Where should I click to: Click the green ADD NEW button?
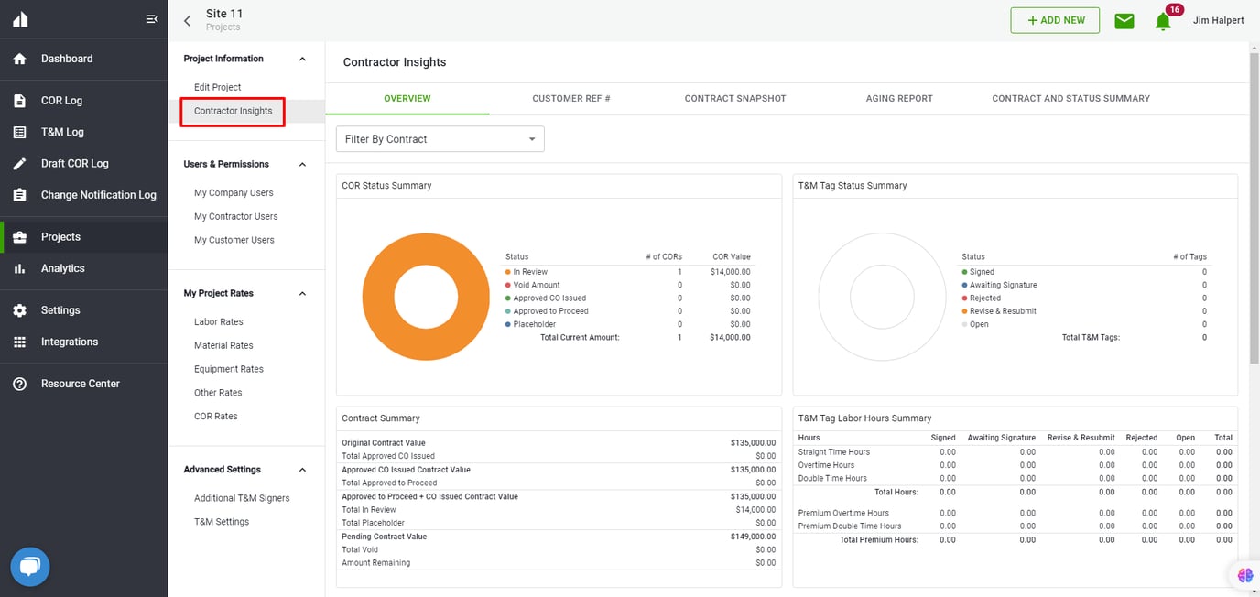click(x=1055, y=20)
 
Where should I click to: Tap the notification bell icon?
click(x=1163, y=21)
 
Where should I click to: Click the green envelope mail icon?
click(x=1124, y=20)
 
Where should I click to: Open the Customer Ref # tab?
click(x=570, y=98)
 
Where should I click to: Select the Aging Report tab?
click(x=898, y=98)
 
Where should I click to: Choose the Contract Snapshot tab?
click(x=734, y=98)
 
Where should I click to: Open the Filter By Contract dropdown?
click(x=440, y=139)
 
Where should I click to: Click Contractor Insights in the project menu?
click(x=233, y=111)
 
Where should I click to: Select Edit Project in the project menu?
click(x=217, y=87)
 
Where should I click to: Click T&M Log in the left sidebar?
click(x=62, y=132)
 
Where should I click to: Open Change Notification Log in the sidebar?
click(x=98, y=195)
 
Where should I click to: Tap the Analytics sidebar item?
click(x=62, y=268)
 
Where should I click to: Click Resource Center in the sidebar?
click(x=80, y=384)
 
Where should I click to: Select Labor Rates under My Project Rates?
click(x=218, y=322)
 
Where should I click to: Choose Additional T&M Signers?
click(x=242, y=498)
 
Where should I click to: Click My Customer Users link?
click(x=234, y=240)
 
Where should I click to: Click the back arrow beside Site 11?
click(x=188, y=21)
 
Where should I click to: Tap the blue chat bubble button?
click(x=30, y=567)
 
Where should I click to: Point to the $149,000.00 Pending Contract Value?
click(x=753, y=537)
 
